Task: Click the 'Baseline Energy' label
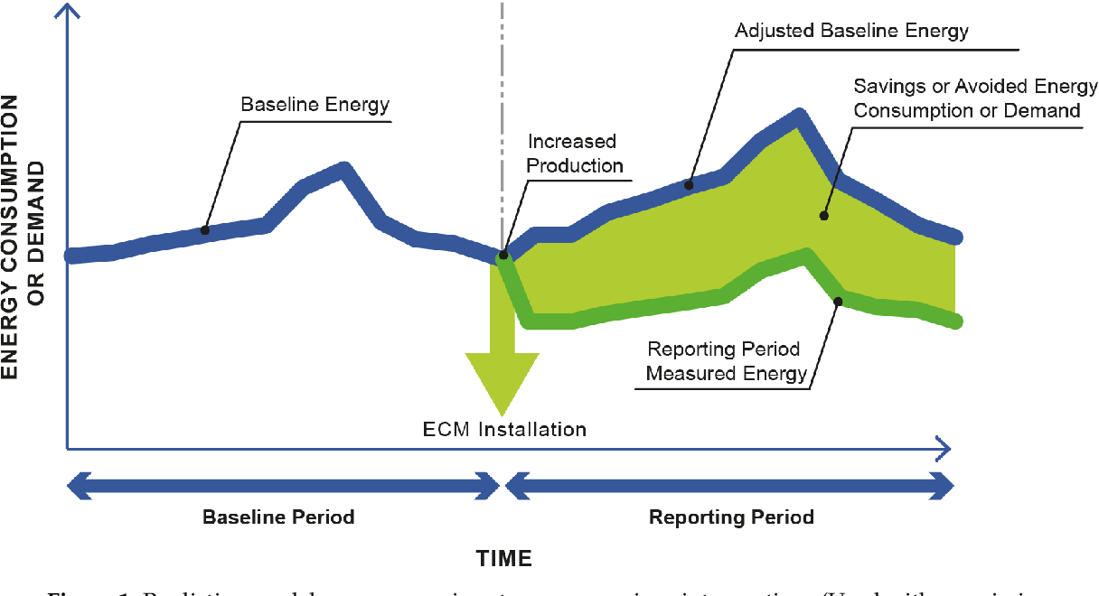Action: pyautogui.click(x=315, y=105)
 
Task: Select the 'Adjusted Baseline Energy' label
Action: pyautogui.click(x=851, y=31)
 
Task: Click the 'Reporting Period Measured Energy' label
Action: pyautogui.click(x=726, y=360)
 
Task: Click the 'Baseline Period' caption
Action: pyautogui.click(x=277, y=517)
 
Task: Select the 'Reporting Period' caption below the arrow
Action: pyautogui.click(x=731, y=517)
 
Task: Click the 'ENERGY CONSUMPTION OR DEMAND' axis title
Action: pyautogui.click(x=23, y=226)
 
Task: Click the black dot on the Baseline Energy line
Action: pyautogui.click(x=205, y=230)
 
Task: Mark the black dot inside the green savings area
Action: pyautogui.click(x=823, y=216)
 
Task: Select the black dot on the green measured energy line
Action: pyautogui.click(x=838, y=301)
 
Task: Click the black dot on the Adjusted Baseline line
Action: pyautogui.click(x=689, y=185)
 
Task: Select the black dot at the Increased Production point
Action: pyautogui.click(x=503, y=256)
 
